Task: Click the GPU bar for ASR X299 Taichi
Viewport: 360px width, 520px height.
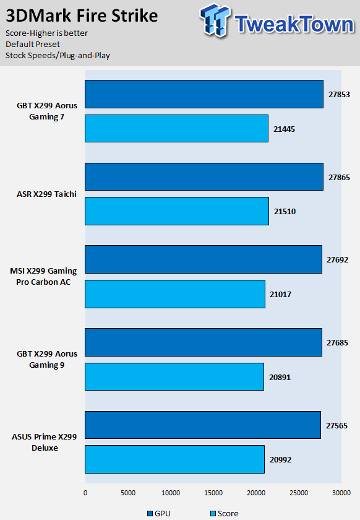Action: point(204,176)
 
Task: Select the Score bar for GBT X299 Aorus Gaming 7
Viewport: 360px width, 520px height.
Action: point(176,128)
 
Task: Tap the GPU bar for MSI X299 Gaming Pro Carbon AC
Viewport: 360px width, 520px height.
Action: point(204,259)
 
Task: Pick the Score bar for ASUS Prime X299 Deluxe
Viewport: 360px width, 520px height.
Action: point(174,459)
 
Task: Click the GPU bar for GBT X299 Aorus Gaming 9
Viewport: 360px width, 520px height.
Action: point(204,342)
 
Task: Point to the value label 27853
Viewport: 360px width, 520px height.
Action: point(339,95)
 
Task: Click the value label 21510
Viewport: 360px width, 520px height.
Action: point(285,212)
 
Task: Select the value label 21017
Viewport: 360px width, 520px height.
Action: point(280,295)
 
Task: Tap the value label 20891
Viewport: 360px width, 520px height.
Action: point(280,378)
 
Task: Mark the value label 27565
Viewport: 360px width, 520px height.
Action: point(336,425)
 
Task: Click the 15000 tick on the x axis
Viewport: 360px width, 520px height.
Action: point(213,493)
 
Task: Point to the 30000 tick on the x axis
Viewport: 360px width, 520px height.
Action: point(341,493)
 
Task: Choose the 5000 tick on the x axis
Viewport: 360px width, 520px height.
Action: point(128,493)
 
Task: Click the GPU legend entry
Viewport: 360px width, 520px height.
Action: point(159,513)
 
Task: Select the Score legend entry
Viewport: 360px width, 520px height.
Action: point(225,513)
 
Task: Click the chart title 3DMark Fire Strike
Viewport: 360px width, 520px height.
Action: point(82,16)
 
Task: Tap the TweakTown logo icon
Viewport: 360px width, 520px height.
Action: point(215,20)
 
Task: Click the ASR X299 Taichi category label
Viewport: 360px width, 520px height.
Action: point(47,194)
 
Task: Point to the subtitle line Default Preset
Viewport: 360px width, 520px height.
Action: point(33,44)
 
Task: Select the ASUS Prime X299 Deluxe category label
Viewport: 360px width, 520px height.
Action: point(45,443)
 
